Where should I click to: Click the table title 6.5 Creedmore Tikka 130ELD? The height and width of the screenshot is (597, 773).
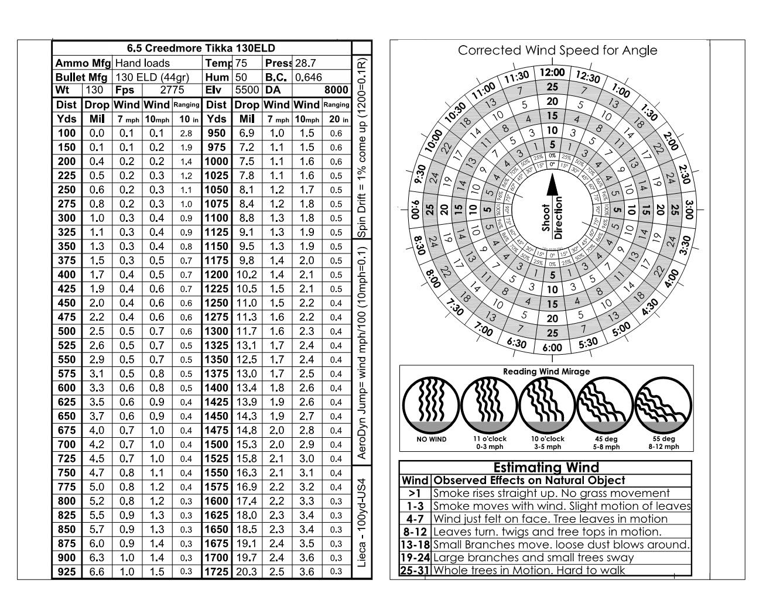click(201, 49)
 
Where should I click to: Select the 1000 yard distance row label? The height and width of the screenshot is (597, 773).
click(216, 162)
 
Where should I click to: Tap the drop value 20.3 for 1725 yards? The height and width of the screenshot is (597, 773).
click(247, 572)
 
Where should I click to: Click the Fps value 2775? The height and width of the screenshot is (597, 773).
click(172, 91)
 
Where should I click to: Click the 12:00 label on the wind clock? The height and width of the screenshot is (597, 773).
click(552, 73)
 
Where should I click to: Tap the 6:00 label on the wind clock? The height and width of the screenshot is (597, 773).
click(552, 348)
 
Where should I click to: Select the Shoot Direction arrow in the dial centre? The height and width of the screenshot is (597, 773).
click(552, 186)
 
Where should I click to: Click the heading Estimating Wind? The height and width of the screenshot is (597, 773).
click(546, 468)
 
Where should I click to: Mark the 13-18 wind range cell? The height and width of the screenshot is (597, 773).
click(415, 545)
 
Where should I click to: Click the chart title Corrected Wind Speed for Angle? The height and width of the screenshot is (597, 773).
click(557, 51)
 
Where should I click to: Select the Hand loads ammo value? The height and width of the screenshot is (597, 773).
click(142, 63)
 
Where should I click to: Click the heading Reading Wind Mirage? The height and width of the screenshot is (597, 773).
click(546, 372)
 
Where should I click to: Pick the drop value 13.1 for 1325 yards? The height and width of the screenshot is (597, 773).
click(247, 346)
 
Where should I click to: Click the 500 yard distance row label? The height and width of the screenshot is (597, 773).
click(67, 332)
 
